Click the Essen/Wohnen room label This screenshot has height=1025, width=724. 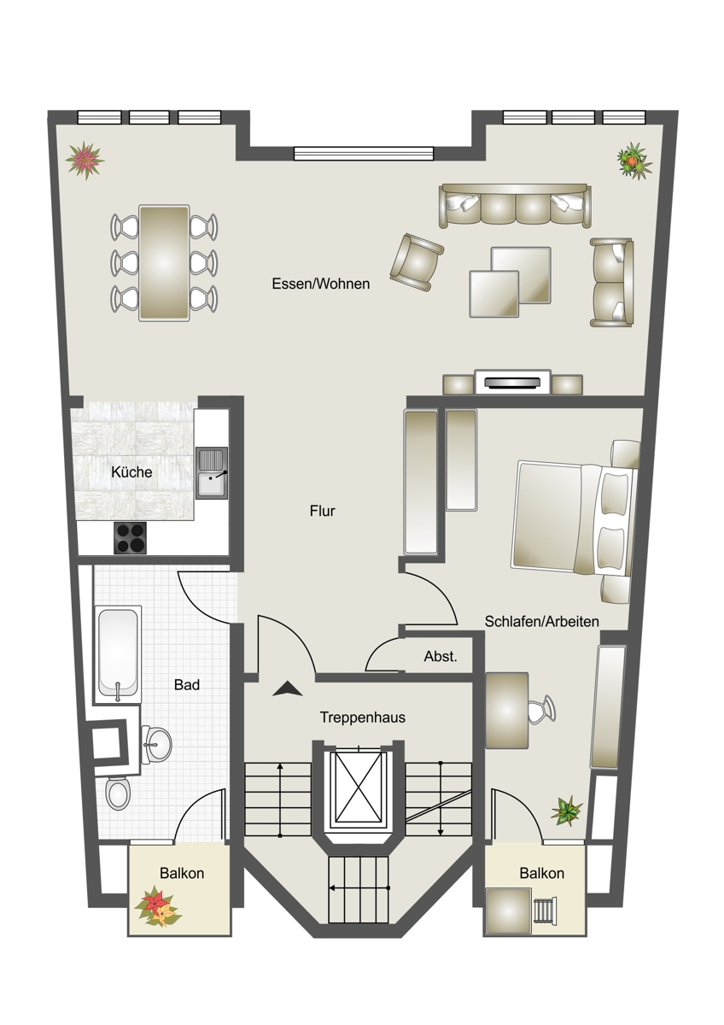click(x=321, y=284)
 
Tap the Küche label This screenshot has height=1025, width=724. click(x=131, y=472)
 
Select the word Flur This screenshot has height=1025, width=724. click(x=323, y=511)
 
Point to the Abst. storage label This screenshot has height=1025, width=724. click(x=441, y=657)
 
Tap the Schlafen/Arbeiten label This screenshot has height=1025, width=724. click(x=541, y=622)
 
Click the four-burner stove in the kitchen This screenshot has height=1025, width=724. click(x=130, y=537)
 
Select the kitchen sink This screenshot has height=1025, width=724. click(x=212, y=472)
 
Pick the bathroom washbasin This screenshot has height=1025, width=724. click(x=155, y=745)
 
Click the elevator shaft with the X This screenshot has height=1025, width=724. click(x=359, y=788)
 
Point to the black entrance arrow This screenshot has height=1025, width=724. click(x=287, y=688)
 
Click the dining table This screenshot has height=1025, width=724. click(x=164, y=263)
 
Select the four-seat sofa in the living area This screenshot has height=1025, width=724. click(x=515, y=206)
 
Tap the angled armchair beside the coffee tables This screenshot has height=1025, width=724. click(x=417, y=262)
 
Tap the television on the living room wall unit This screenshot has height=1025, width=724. click(x=512, y=383)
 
